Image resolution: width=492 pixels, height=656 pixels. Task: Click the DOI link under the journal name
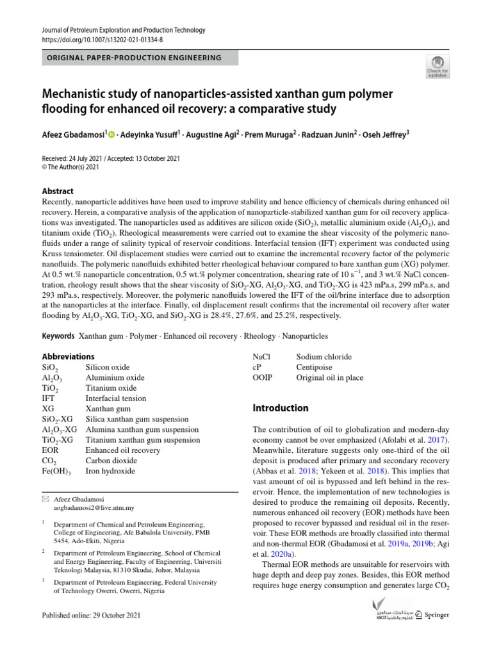click(x=102, y=39)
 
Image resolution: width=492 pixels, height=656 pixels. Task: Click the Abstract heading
click(x=58, y=191)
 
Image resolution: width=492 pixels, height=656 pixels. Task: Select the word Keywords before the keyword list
click(x=58, y=336)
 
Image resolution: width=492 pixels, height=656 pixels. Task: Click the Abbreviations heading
click(x=68, y=356)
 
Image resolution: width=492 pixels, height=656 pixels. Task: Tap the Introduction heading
click(x=281, y=408)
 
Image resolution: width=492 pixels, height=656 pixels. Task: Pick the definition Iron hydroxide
click(x=110, y=471)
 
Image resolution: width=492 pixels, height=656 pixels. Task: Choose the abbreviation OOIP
click(x=263, y=377)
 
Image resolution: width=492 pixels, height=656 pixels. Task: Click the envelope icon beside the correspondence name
click(x=45, y=498)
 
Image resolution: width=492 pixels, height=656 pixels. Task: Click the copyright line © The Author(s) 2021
click(x=70, y=167)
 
